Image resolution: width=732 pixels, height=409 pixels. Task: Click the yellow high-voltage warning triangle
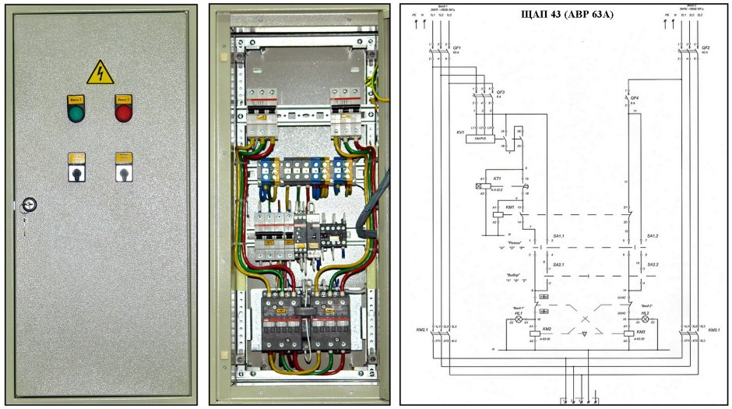tap(99, 72)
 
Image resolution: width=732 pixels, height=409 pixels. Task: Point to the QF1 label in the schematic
tap(457, 48)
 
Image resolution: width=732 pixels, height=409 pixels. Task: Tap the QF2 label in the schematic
tap(706, 48)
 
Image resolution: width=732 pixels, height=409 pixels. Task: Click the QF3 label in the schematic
tap(501, 92)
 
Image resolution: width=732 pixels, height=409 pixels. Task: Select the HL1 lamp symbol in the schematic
tap(521, 319)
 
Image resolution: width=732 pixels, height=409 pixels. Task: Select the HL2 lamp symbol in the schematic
tap(644, 319)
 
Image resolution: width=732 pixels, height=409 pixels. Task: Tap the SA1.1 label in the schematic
tap(557, 235)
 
